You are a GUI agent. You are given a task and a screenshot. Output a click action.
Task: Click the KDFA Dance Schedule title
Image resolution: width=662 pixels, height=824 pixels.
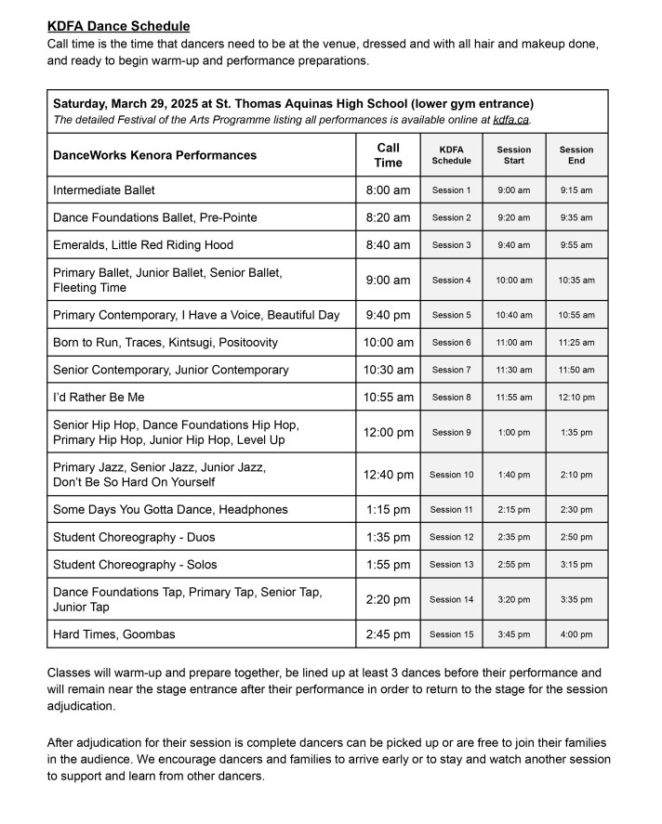(x=118, y=26)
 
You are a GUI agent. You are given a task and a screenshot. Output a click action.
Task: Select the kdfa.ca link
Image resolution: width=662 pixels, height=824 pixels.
(x=511, y=120)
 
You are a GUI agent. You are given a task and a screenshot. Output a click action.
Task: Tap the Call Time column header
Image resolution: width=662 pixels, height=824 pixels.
(x=388, y=155)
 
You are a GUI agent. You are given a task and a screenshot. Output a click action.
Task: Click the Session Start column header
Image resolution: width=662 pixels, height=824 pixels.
(x=513, y=155)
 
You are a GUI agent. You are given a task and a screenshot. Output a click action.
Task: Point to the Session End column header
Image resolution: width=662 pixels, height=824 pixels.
(x=576, y=155)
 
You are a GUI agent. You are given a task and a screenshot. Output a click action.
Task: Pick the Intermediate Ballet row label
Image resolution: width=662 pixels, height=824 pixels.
(x=104, y=190)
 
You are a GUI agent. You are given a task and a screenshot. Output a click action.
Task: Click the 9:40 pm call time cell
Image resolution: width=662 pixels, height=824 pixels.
(x=388, y=315)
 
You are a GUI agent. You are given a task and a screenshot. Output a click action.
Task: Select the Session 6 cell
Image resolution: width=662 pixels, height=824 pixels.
(x=451, y=343)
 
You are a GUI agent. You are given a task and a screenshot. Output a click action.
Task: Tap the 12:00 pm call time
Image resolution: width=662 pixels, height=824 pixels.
(x=388, y=432)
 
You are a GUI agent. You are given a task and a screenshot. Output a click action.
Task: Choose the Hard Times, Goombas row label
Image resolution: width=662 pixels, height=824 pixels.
(x=114, y=634)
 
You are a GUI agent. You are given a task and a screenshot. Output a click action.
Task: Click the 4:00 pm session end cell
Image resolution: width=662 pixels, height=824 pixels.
(x=576, y=634)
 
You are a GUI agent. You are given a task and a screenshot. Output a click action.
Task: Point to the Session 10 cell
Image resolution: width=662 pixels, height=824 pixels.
(x=451, y=475)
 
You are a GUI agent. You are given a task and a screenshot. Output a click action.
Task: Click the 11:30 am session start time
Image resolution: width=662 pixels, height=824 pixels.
(x=513, y=370)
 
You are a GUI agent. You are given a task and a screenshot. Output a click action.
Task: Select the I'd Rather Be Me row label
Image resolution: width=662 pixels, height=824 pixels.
(x=99, y=398)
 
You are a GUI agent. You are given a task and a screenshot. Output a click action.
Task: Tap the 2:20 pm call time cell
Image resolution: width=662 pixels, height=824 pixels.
(x=388, y=599)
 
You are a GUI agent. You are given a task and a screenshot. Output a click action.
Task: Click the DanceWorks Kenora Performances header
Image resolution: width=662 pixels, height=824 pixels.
(x=154, y=155)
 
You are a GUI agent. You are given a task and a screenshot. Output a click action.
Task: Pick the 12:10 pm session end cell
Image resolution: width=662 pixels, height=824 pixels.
(x=576, y=398)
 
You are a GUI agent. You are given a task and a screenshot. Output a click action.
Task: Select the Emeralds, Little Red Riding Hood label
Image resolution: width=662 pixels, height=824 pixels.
(x=143, y=245)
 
